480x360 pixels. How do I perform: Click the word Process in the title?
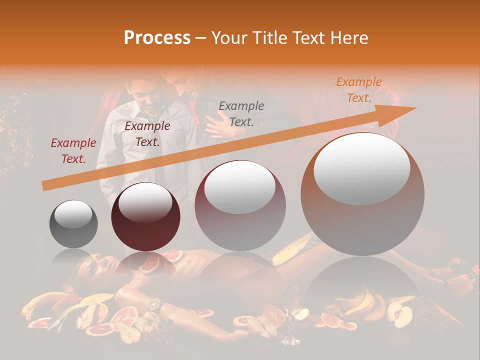pyautogui.click(x=157, y=37)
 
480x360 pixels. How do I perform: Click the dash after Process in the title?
pyautogui.click(x=200, y=38)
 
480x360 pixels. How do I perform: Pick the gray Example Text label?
pyautogui.click(x=241, y=113)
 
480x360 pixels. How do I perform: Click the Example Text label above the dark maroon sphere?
pyautogui.click(x=147, y=134)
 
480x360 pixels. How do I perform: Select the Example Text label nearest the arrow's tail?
pyautogui.click(x=73, y=151)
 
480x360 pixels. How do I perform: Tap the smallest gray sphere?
pyautogui.click(x=73, y=223)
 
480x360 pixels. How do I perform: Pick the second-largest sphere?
pyautogui.click(x=240, y=205)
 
